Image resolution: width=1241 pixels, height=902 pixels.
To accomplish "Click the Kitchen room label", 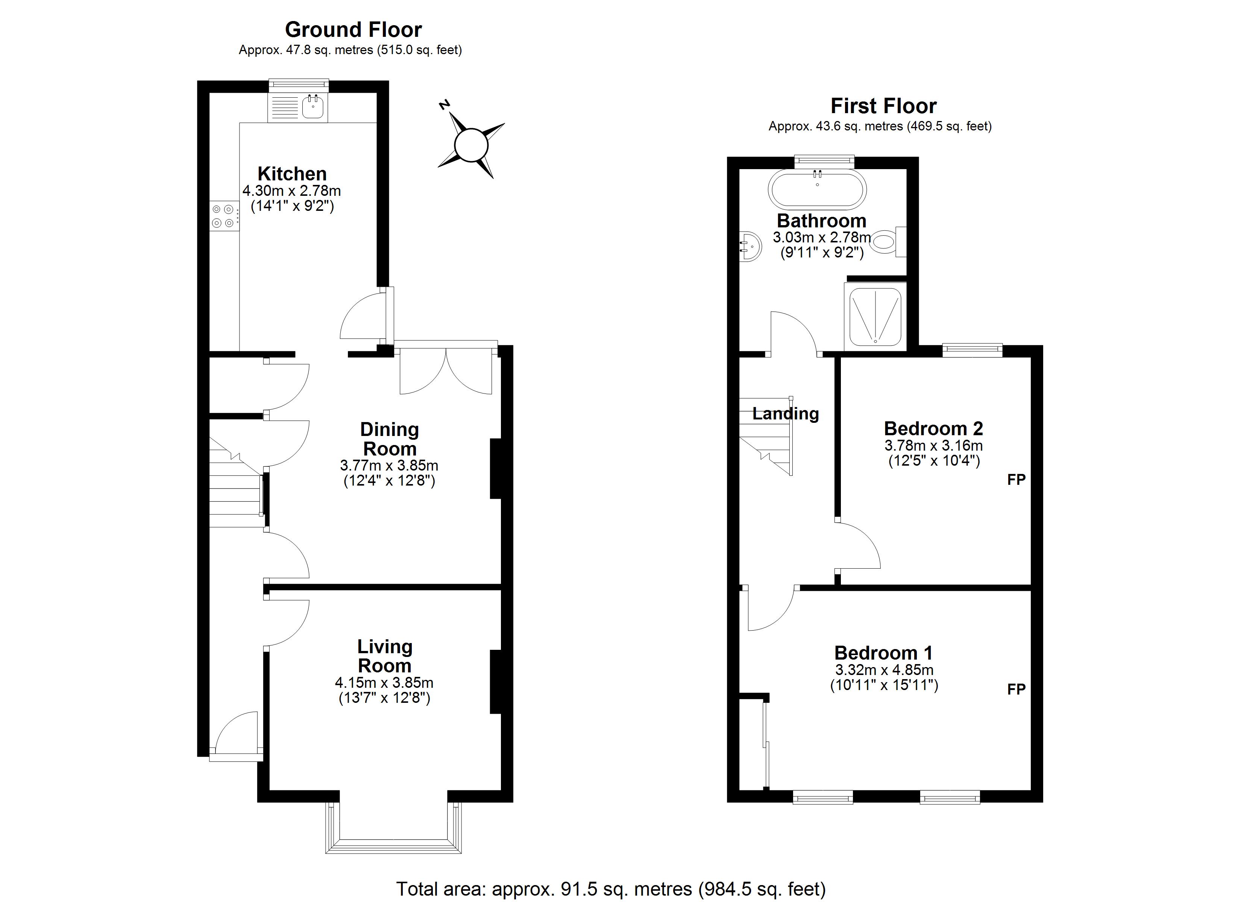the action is [292, 174].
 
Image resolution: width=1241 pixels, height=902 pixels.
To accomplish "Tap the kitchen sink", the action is [313, 107].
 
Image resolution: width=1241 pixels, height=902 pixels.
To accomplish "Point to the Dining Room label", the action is [390, 439].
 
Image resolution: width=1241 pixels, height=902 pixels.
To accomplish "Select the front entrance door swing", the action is [237, 732].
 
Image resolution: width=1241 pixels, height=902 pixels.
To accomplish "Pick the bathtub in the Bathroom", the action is [818, 189].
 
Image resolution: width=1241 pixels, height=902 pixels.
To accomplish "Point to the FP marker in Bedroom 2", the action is [1016, 480].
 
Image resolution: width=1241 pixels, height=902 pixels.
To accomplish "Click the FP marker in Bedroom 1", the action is [1016, 689].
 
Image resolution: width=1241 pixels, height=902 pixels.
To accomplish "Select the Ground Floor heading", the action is [353, 30].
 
